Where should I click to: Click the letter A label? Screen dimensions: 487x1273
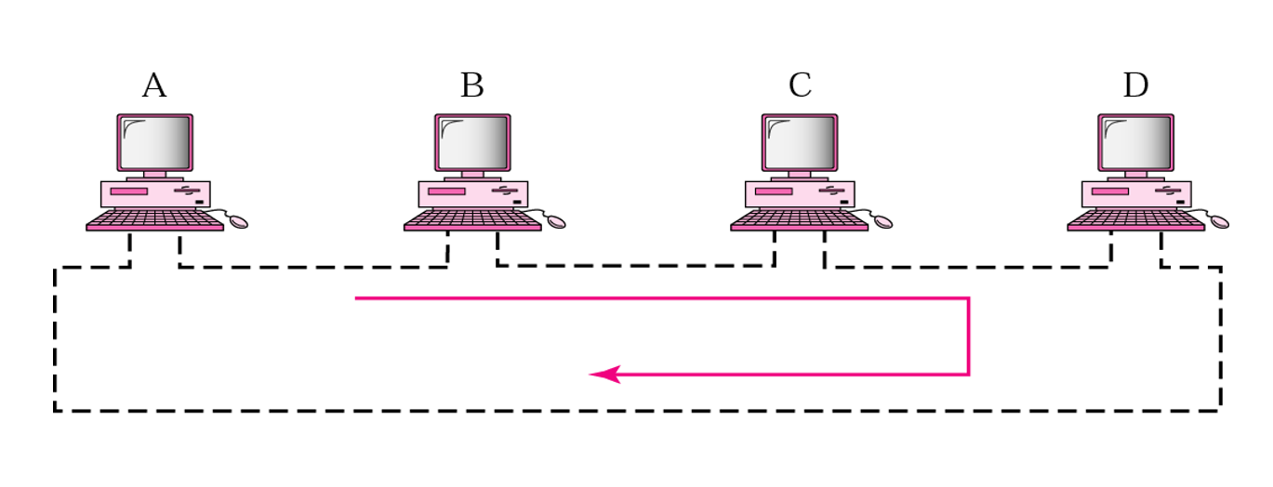(154, 86)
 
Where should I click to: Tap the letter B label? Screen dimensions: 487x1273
(472, 86)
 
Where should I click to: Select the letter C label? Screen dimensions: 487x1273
(800, 86)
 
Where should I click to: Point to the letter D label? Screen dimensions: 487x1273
(1135, 86)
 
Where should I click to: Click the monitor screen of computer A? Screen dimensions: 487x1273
(155, 142)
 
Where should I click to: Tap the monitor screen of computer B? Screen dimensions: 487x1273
(472, 142)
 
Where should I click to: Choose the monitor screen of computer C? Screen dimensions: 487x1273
(800, 142)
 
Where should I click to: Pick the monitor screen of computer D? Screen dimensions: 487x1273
(1135, 142)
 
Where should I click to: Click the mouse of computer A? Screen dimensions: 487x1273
(238, 222)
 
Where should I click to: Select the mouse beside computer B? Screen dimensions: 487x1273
(556, 222)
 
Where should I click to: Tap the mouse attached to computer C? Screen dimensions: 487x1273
(882, 222)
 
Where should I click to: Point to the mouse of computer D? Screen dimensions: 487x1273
(1219, 222)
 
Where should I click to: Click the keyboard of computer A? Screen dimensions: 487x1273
(155, 220)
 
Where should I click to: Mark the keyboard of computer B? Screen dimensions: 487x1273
(472, 220)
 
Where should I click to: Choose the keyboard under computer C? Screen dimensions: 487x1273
(800, 220)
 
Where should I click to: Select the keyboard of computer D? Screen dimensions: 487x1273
(1135, 220)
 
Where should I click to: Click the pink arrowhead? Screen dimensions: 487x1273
(604, 375)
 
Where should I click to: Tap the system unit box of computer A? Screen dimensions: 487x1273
(155, 194)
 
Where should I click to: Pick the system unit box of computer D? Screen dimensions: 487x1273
(1135, 194)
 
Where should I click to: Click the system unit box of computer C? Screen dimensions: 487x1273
(800, 194)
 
